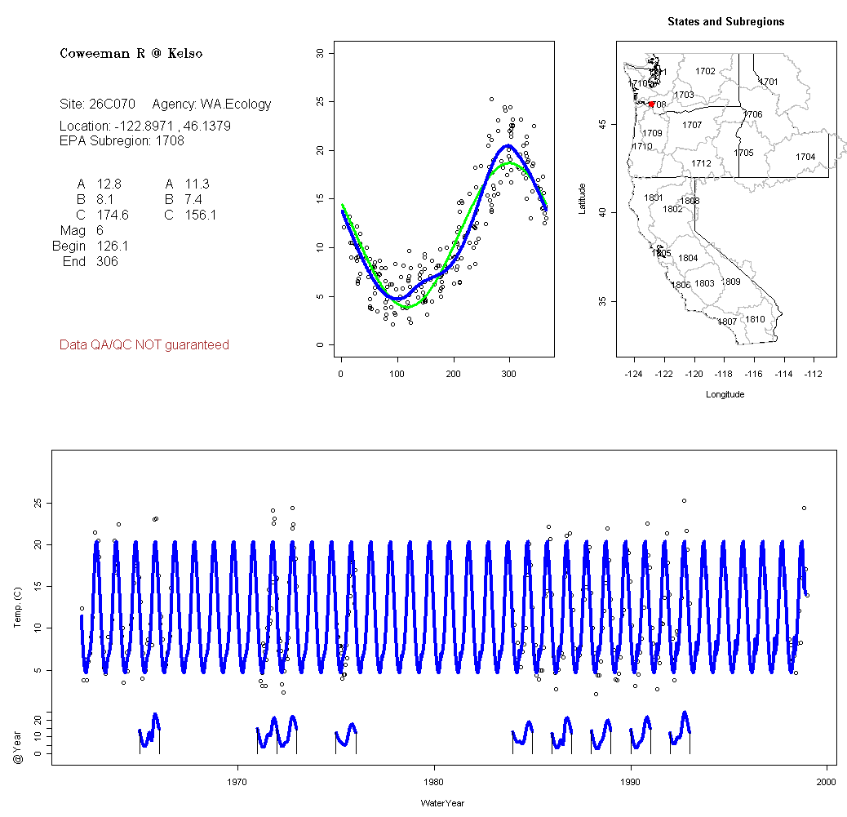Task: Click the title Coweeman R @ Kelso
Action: (x=131, y=54)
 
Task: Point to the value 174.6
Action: (x=113, y=215)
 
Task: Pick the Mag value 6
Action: (x=100, y=230)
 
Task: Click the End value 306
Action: (x=107, y=261)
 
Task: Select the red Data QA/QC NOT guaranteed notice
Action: (x=144, y=345)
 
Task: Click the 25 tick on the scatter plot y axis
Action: (x=320, y=102)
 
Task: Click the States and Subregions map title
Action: (x=725, y=22)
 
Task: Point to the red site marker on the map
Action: (x=651, y=104)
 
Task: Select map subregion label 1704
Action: (x=805, y=157)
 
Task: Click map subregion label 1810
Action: (x=756, y=319)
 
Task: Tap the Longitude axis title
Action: (x=725, y=394)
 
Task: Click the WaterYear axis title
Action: (x=442, y=803)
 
